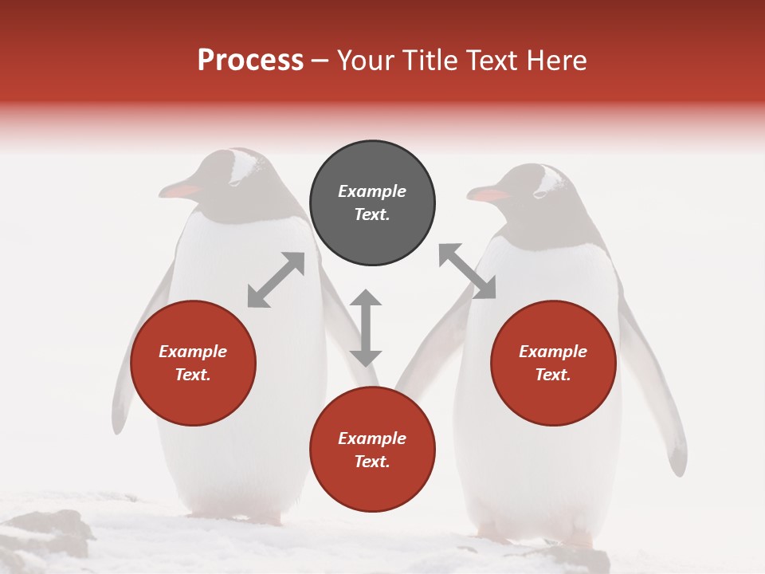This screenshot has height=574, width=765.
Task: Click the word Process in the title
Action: pos(250,61)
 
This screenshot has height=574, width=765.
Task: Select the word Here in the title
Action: pos(555,61)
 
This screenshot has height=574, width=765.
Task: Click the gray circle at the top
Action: pos(372,203)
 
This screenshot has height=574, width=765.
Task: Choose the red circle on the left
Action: pos(193,364)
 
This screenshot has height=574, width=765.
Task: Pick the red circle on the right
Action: pos(553,364)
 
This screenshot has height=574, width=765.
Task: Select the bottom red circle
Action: pos(372,450)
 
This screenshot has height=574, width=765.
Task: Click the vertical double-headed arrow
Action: pos(366,328)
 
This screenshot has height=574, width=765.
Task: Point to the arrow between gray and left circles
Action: pos(276,280)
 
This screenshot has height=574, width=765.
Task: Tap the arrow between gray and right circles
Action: pos(467,271)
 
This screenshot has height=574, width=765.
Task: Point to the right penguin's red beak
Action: pos(487,195)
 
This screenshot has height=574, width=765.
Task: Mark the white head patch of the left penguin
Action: pos(246,165)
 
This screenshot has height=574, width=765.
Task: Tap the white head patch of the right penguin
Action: pos(549,180)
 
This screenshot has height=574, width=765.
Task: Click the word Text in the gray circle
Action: pos(372,214)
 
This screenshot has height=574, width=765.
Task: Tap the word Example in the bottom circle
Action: pos(372,438)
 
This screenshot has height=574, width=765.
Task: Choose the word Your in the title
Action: pos(366,61)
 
